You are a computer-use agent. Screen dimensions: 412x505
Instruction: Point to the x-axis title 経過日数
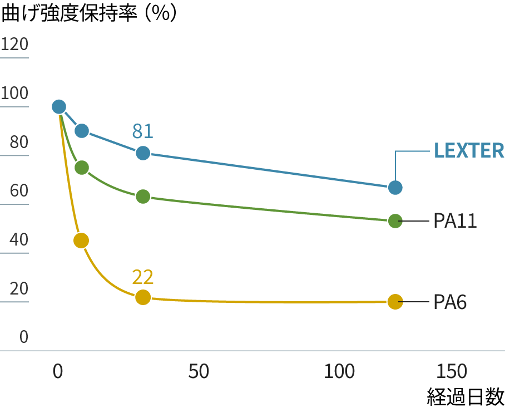tap(466, 396)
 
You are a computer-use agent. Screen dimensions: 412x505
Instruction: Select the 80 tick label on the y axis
tap(19, 143)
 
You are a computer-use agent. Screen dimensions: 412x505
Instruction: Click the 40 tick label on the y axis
tap(19, 241)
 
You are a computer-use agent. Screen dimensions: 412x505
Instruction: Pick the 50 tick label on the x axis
tap(199, 372)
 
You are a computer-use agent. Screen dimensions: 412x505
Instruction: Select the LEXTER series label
tap(469, 151)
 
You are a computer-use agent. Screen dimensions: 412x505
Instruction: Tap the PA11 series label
tap(455, 221)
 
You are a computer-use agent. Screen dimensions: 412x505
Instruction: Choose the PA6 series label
tap(449, 302)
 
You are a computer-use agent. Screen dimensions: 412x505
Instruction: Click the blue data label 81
tap(142, 131)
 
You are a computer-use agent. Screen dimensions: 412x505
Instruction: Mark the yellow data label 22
tap(142, 277)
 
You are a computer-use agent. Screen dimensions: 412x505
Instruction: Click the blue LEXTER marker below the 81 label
tap(143, 153)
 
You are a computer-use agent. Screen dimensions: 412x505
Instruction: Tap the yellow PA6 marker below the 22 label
tap(143, 297)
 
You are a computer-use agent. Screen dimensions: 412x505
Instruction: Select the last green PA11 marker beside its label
tap(395, 221)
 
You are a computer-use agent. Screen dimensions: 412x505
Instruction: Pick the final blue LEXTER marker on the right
tap(395, 187)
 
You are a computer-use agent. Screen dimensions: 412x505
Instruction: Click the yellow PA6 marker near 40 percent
tap(81, 241)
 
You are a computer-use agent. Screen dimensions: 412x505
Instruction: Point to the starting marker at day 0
tap(58, 107)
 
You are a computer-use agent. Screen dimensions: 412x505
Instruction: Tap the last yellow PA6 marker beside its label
tap(395, 302)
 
